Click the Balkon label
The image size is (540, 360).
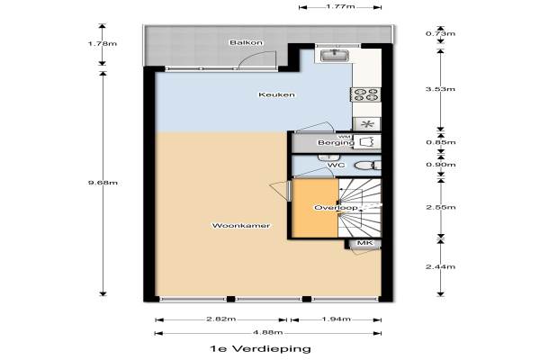click(x=247, y=42)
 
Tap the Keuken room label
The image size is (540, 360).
click(x=276, y=94)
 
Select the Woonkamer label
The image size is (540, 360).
click(x=240, y=226)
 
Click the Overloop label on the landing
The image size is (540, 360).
click(x=336, y=208)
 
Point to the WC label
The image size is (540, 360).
click(x=336, y=165)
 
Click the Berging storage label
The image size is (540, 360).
click(x=336, y=142)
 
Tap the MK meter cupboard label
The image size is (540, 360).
click(x=364, y=243)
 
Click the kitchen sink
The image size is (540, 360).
click(x=335, y=55)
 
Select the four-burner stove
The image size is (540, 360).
click(x=365, y=94)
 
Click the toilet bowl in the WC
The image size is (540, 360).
click(x=364, y=166)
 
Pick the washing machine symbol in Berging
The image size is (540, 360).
click(x=367, y=142)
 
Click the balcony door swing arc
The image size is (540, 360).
click(x=256, y=56)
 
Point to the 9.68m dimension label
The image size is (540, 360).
click(x=103, y=183)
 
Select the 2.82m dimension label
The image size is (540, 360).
click(x=221, y=319)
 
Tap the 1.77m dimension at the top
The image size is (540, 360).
click(x=340, y=6)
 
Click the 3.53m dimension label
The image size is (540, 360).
click(x=440, y=89)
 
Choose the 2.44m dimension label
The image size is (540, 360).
click(x=440, y=266)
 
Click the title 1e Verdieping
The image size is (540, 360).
click(x=260, y=348)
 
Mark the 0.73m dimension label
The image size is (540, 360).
click(x=440, y=33)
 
